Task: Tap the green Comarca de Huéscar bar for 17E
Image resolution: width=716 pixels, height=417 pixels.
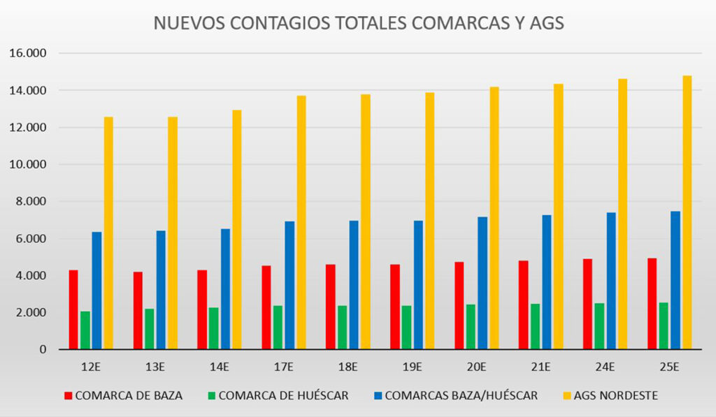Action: pos(278,327)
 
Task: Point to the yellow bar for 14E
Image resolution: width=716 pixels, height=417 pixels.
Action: pos(237,229)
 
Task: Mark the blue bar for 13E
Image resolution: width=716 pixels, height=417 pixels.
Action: pos(161,290)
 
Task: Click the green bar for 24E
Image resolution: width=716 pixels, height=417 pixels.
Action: pos(599,326)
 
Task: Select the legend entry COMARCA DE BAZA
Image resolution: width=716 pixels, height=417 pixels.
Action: pos(129,395)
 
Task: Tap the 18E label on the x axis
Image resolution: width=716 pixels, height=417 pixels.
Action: pos(348,367)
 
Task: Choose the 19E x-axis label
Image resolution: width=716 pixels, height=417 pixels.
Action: pos(412,367)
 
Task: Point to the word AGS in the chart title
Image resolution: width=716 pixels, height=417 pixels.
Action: pos(545,23)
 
